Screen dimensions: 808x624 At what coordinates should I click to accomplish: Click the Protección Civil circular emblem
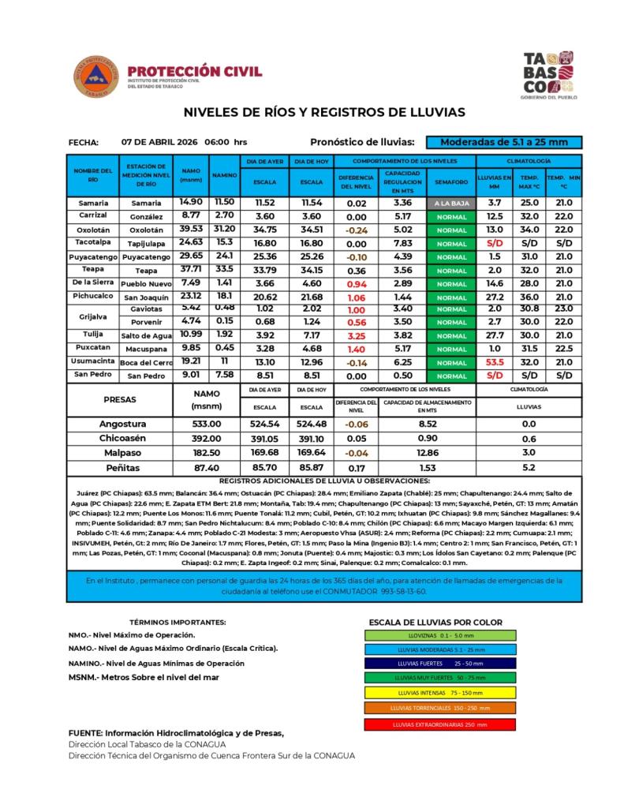(x=97, y=77)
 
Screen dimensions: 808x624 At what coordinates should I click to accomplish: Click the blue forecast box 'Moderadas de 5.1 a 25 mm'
(x=503, y=142)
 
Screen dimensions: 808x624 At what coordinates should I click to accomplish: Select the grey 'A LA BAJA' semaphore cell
(x=451, y=203)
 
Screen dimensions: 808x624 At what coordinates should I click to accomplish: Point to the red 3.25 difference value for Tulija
(x=357, y=335)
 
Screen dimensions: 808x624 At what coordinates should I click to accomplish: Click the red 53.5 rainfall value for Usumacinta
(x=495, y=362)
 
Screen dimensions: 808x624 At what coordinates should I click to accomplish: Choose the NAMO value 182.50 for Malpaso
(x=207, y=452)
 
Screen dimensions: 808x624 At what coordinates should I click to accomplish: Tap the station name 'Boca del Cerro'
(x=145, y=363)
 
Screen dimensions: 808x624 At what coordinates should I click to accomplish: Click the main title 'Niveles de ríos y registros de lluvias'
(x=324, y=112)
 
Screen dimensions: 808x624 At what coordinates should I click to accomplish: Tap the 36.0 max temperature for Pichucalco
(x=529, y=297)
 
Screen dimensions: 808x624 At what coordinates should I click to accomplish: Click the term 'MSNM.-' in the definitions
(x=81, y=677)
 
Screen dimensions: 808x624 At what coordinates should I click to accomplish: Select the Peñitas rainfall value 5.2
(x=529, y=467)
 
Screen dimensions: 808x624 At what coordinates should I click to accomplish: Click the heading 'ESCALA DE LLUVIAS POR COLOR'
(x=435, y=622)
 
